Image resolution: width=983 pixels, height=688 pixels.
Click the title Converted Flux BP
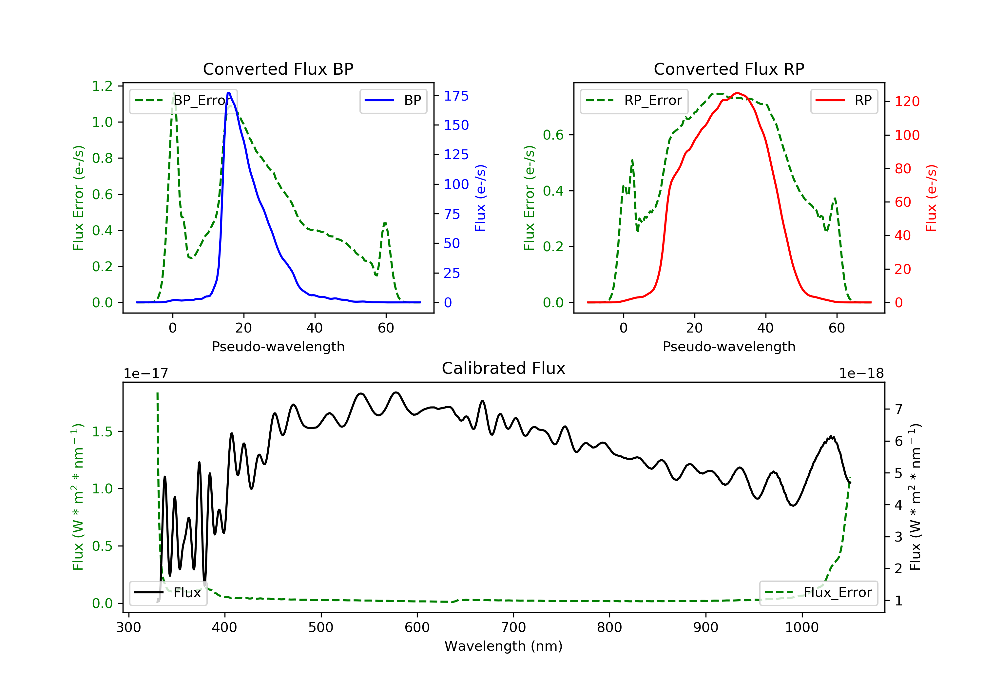point(278,69)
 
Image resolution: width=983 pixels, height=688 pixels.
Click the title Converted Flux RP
point(729,69)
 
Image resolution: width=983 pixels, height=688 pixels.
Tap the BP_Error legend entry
point(183,101)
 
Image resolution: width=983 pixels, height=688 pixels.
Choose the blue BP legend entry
point(393,101)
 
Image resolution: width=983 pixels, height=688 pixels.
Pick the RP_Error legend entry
point(634,101)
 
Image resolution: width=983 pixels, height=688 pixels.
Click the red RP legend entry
point(844,101)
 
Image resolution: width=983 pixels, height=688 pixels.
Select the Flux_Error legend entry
point(818,593)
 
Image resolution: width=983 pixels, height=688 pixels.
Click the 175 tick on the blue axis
point(456,96)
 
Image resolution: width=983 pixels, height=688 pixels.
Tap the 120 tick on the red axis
point(907,102)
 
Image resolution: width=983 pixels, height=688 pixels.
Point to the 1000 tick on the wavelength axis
point(801,627)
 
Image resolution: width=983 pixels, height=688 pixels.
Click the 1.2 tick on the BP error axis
point(102,86)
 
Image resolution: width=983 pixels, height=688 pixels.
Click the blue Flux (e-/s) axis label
point(480,198)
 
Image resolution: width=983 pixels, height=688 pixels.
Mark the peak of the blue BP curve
point(229,93)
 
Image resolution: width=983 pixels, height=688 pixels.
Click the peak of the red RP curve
point(737,93)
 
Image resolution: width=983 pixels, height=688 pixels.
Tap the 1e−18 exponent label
point(861,373)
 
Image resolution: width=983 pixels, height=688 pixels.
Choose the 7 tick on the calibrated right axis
point(899,409)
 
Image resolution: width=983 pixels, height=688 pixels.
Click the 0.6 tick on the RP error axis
point(553,135)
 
